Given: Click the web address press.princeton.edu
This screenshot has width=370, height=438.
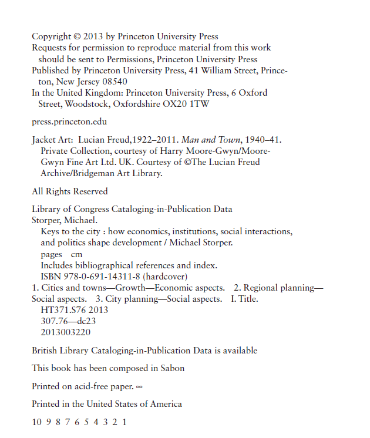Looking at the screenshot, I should (x=69, y=122).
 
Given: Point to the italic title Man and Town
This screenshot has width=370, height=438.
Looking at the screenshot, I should (x=203, y=140).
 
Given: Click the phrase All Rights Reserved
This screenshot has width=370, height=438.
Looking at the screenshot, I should (x=69, y=191).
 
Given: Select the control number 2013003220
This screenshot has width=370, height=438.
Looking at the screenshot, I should (x=66, y=332).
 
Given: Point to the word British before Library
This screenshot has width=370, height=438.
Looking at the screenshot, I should (x=46, y=351).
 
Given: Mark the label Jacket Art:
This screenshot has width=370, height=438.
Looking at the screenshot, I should (x=54, y=140).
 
